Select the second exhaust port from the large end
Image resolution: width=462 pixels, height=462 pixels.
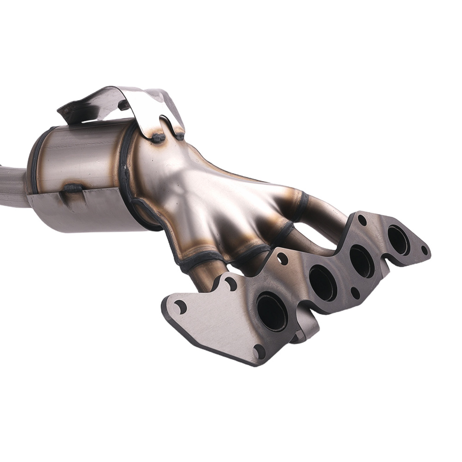(x=322, y=283)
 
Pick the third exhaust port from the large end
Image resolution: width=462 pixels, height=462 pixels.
(x=362, y=261)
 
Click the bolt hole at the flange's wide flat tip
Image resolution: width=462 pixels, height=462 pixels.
(x=180, y=306)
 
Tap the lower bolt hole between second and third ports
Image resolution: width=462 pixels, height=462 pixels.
(x=355, y=292)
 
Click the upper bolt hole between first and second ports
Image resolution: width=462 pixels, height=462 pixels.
(x=282, y=259)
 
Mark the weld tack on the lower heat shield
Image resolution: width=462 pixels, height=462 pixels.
(x=72, y=188)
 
